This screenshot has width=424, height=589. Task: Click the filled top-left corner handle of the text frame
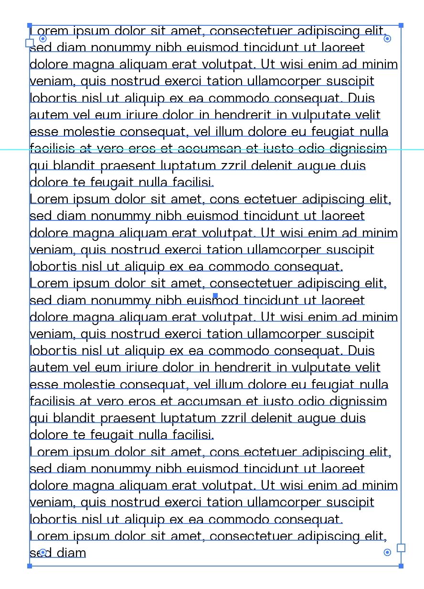(x=30, y=25)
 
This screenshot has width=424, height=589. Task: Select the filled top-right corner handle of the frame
(x=401, y=25)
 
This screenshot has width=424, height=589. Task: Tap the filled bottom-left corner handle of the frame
(x=30, y=566)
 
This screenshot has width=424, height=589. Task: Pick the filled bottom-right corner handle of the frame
(x=401, y=566)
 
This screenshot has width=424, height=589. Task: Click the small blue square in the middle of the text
(x=215, y=296)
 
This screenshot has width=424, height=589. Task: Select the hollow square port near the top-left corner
(x=30, y=43)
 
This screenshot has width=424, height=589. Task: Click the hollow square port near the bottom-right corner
(x=401, y=548)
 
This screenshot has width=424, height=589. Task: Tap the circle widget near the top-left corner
(x=42, y=38)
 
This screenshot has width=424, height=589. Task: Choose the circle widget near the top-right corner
(x=388, y=38)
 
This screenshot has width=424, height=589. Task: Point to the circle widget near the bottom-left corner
(x=42, y=553)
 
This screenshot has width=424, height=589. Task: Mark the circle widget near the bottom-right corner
(x=387, y=553)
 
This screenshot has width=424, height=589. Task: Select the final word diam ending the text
(x=72, y=553)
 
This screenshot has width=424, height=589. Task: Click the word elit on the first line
(x=375, y=31)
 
